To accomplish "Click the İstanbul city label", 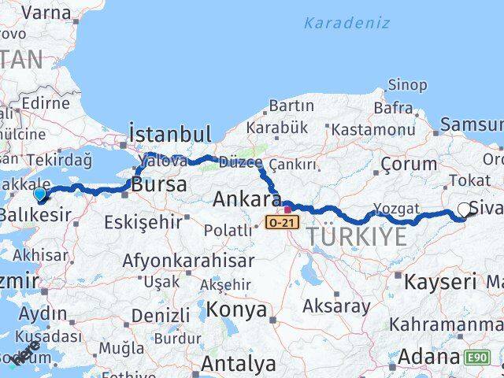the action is [x=169, y=133].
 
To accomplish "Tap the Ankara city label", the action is [x=243, y=198].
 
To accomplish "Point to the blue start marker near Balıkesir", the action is [x=40, y=193].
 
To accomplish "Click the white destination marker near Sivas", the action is [x=465, y=209].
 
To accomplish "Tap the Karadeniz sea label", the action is [x=346, y=23].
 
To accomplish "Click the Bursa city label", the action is [x=160, y=186].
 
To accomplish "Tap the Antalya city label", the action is [x=238, y=364].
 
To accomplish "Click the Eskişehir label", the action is [x=143, y=222].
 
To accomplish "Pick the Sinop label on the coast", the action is [x=408, y=85].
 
